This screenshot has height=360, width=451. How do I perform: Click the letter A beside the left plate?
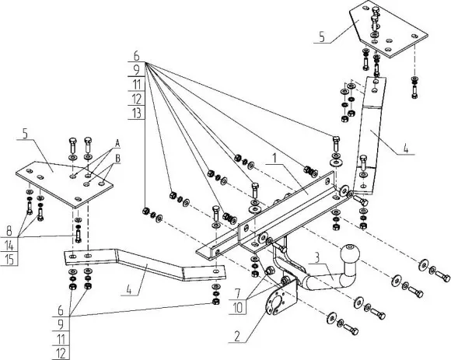click(117, 144)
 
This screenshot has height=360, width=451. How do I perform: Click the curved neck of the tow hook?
click(315, 280)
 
